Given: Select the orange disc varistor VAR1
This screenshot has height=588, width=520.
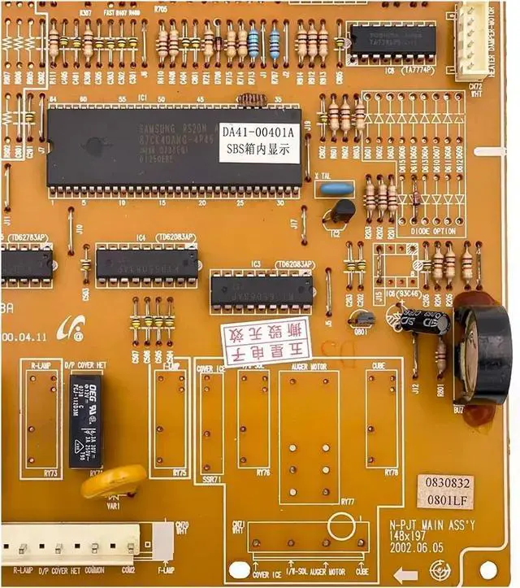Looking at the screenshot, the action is point(113,482).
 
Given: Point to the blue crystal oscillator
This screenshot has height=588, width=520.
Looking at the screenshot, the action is point(335,189).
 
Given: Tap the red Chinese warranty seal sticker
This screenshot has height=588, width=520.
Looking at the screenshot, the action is point(267,342).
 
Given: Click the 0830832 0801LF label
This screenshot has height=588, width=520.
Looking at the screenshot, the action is point(444,489).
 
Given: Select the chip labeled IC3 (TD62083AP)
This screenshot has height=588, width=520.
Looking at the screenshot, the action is point(261,290).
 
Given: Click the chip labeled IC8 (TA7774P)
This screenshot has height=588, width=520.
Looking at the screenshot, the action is point(392,40).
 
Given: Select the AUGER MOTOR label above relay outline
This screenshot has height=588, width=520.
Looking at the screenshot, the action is point(308,368).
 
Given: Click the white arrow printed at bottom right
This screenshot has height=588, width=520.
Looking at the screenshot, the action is point(407,575).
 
